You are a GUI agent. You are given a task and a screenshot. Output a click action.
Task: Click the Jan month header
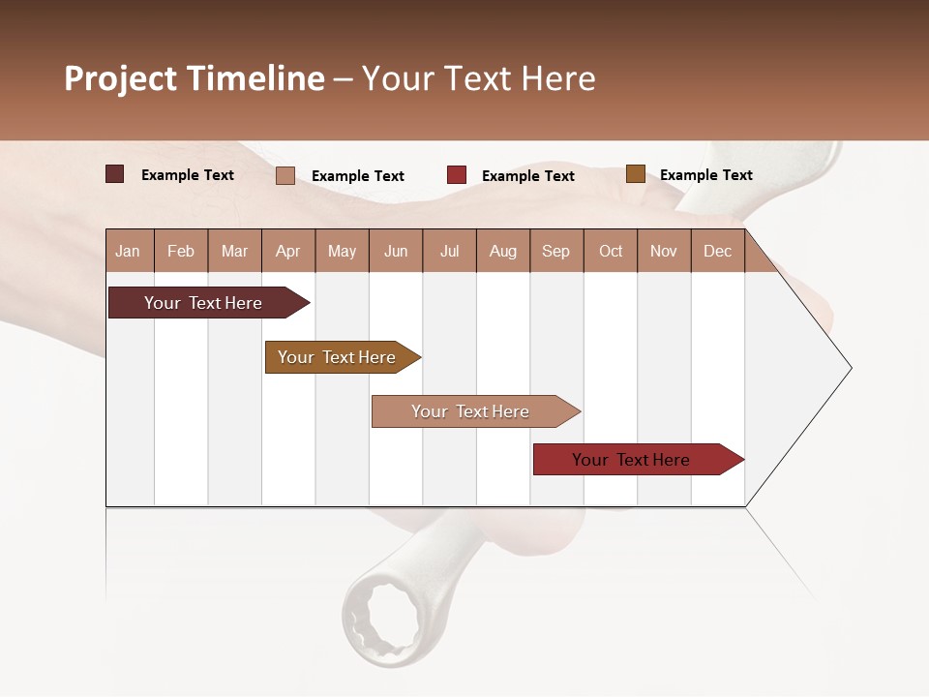coord(129,251)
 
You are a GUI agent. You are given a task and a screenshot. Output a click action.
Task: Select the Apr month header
coord(288,251)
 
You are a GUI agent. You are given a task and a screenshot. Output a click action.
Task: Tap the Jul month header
coord(450,251)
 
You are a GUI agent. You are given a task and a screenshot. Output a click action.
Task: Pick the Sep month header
coord(556,251)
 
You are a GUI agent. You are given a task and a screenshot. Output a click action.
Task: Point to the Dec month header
coord(718,251)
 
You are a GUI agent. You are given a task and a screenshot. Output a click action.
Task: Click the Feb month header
coord(181,251)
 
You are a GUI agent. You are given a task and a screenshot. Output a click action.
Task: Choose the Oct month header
coord(611,251)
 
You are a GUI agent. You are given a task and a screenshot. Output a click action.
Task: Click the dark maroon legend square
coord(114,174)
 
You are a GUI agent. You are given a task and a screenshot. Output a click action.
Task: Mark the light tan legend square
coord(285,175)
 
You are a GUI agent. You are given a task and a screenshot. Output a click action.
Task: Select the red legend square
coord(457,174)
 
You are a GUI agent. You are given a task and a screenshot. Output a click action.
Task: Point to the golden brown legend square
coord(635,174)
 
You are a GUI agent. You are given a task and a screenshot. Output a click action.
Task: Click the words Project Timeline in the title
coord(195,78)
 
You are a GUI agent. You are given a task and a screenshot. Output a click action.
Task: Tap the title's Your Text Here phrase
coord(478,78)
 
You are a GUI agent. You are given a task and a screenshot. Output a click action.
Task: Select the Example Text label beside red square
coord(528,175)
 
